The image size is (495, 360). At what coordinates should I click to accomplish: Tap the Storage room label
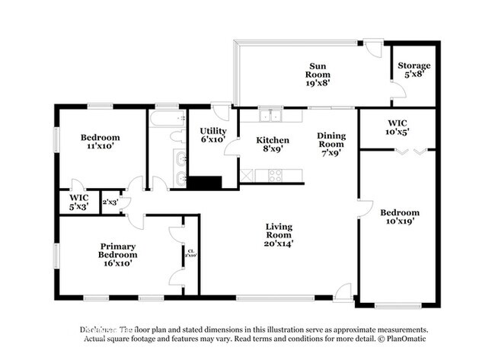414,66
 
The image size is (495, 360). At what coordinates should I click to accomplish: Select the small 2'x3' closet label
110,201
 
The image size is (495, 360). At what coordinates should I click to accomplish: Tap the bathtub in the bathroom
166,119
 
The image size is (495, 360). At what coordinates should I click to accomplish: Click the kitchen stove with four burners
275,176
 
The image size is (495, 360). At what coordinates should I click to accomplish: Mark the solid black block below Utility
204,183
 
